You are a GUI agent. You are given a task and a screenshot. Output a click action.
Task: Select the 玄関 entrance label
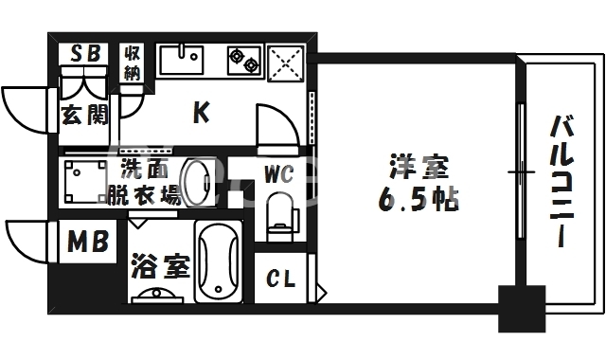[84, 116]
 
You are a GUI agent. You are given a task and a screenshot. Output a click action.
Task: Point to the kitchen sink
[182, 60]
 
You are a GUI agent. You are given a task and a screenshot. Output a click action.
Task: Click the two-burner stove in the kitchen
[243, 61]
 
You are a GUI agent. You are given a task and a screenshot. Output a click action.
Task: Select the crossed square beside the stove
[286, 62]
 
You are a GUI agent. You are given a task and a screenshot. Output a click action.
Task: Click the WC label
[277, 175]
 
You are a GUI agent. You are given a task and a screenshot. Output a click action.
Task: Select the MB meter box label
[88, 245]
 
